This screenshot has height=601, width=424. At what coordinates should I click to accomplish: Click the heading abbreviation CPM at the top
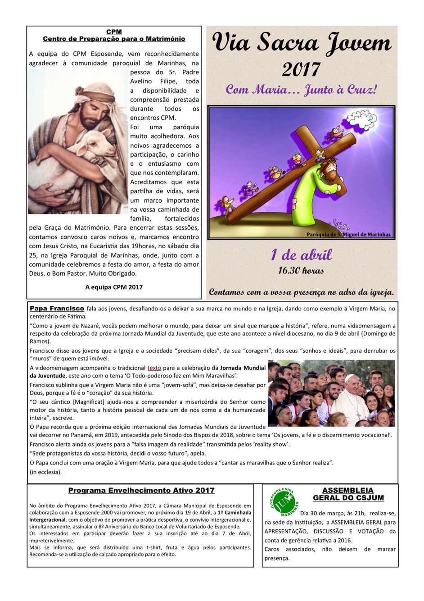[114, 32]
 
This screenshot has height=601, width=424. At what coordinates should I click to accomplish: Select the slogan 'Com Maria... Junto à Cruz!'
[301, 89]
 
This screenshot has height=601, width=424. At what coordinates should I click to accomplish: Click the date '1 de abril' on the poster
[301, 255]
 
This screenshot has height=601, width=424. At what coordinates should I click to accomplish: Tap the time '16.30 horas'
[301, 270]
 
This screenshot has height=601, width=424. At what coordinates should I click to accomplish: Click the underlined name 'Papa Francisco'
[57, 309]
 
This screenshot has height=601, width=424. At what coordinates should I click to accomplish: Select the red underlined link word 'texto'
[154, 368]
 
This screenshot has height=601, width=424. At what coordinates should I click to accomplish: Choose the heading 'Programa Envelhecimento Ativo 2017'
[141, 491]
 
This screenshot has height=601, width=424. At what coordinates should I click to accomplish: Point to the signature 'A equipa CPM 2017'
[114, 287]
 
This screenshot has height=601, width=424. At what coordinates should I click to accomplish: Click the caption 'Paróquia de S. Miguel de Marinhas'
[348, 234]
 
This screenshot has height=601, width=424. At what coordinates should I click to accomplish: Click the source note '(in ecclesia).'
[46, 472]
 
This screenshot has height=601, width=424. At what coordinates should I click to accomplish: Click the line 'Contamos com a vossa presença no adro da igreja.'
[301, 292]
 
